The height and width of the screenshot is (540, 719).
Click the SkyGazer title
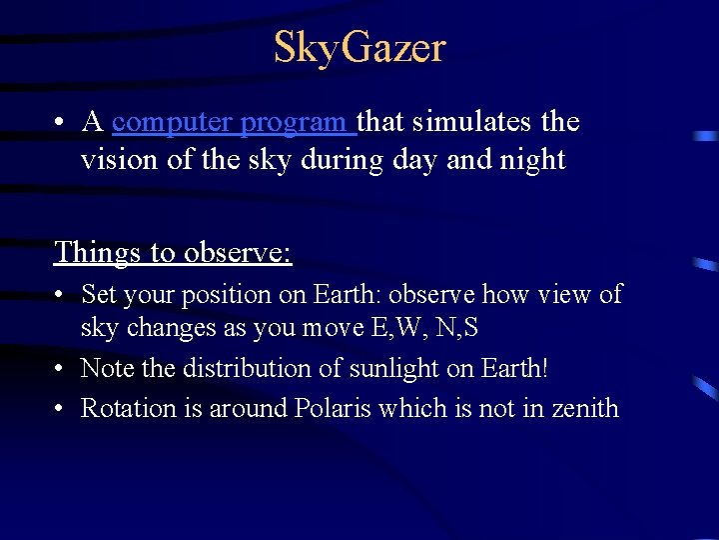[359, 48]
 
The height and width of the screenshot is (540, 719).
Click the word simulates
[467, 122]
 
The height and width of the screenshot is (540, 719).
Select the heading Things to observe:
[173, 252]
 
